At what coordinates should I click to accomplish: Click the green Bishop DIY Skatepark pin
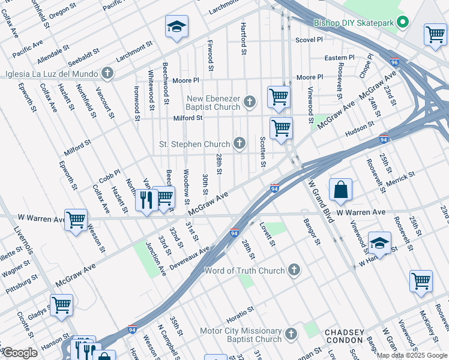(x=403, y=24)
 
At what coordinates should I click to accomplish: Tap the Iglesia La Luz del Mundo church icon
(x=108, y=74)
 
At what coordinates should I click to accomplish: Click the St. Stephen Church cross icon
(x=240, y=143)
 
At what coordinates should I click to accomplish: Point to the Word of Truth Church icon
(x=294, y=270)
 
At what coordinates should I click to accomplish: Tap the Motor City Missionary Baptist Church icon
(x=291, y=334)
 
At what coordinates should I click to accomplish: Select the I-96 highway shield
(x=394, y=62)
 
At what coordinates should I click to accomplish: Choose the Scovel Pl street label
(x=309, y=40)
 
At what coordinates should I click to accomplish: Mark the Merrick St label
(x=402, y=179)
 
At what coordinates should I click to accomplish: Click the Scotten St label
(x=263, y=151)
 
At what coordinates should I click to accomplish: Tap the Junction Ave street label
(x=155, y=259)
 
